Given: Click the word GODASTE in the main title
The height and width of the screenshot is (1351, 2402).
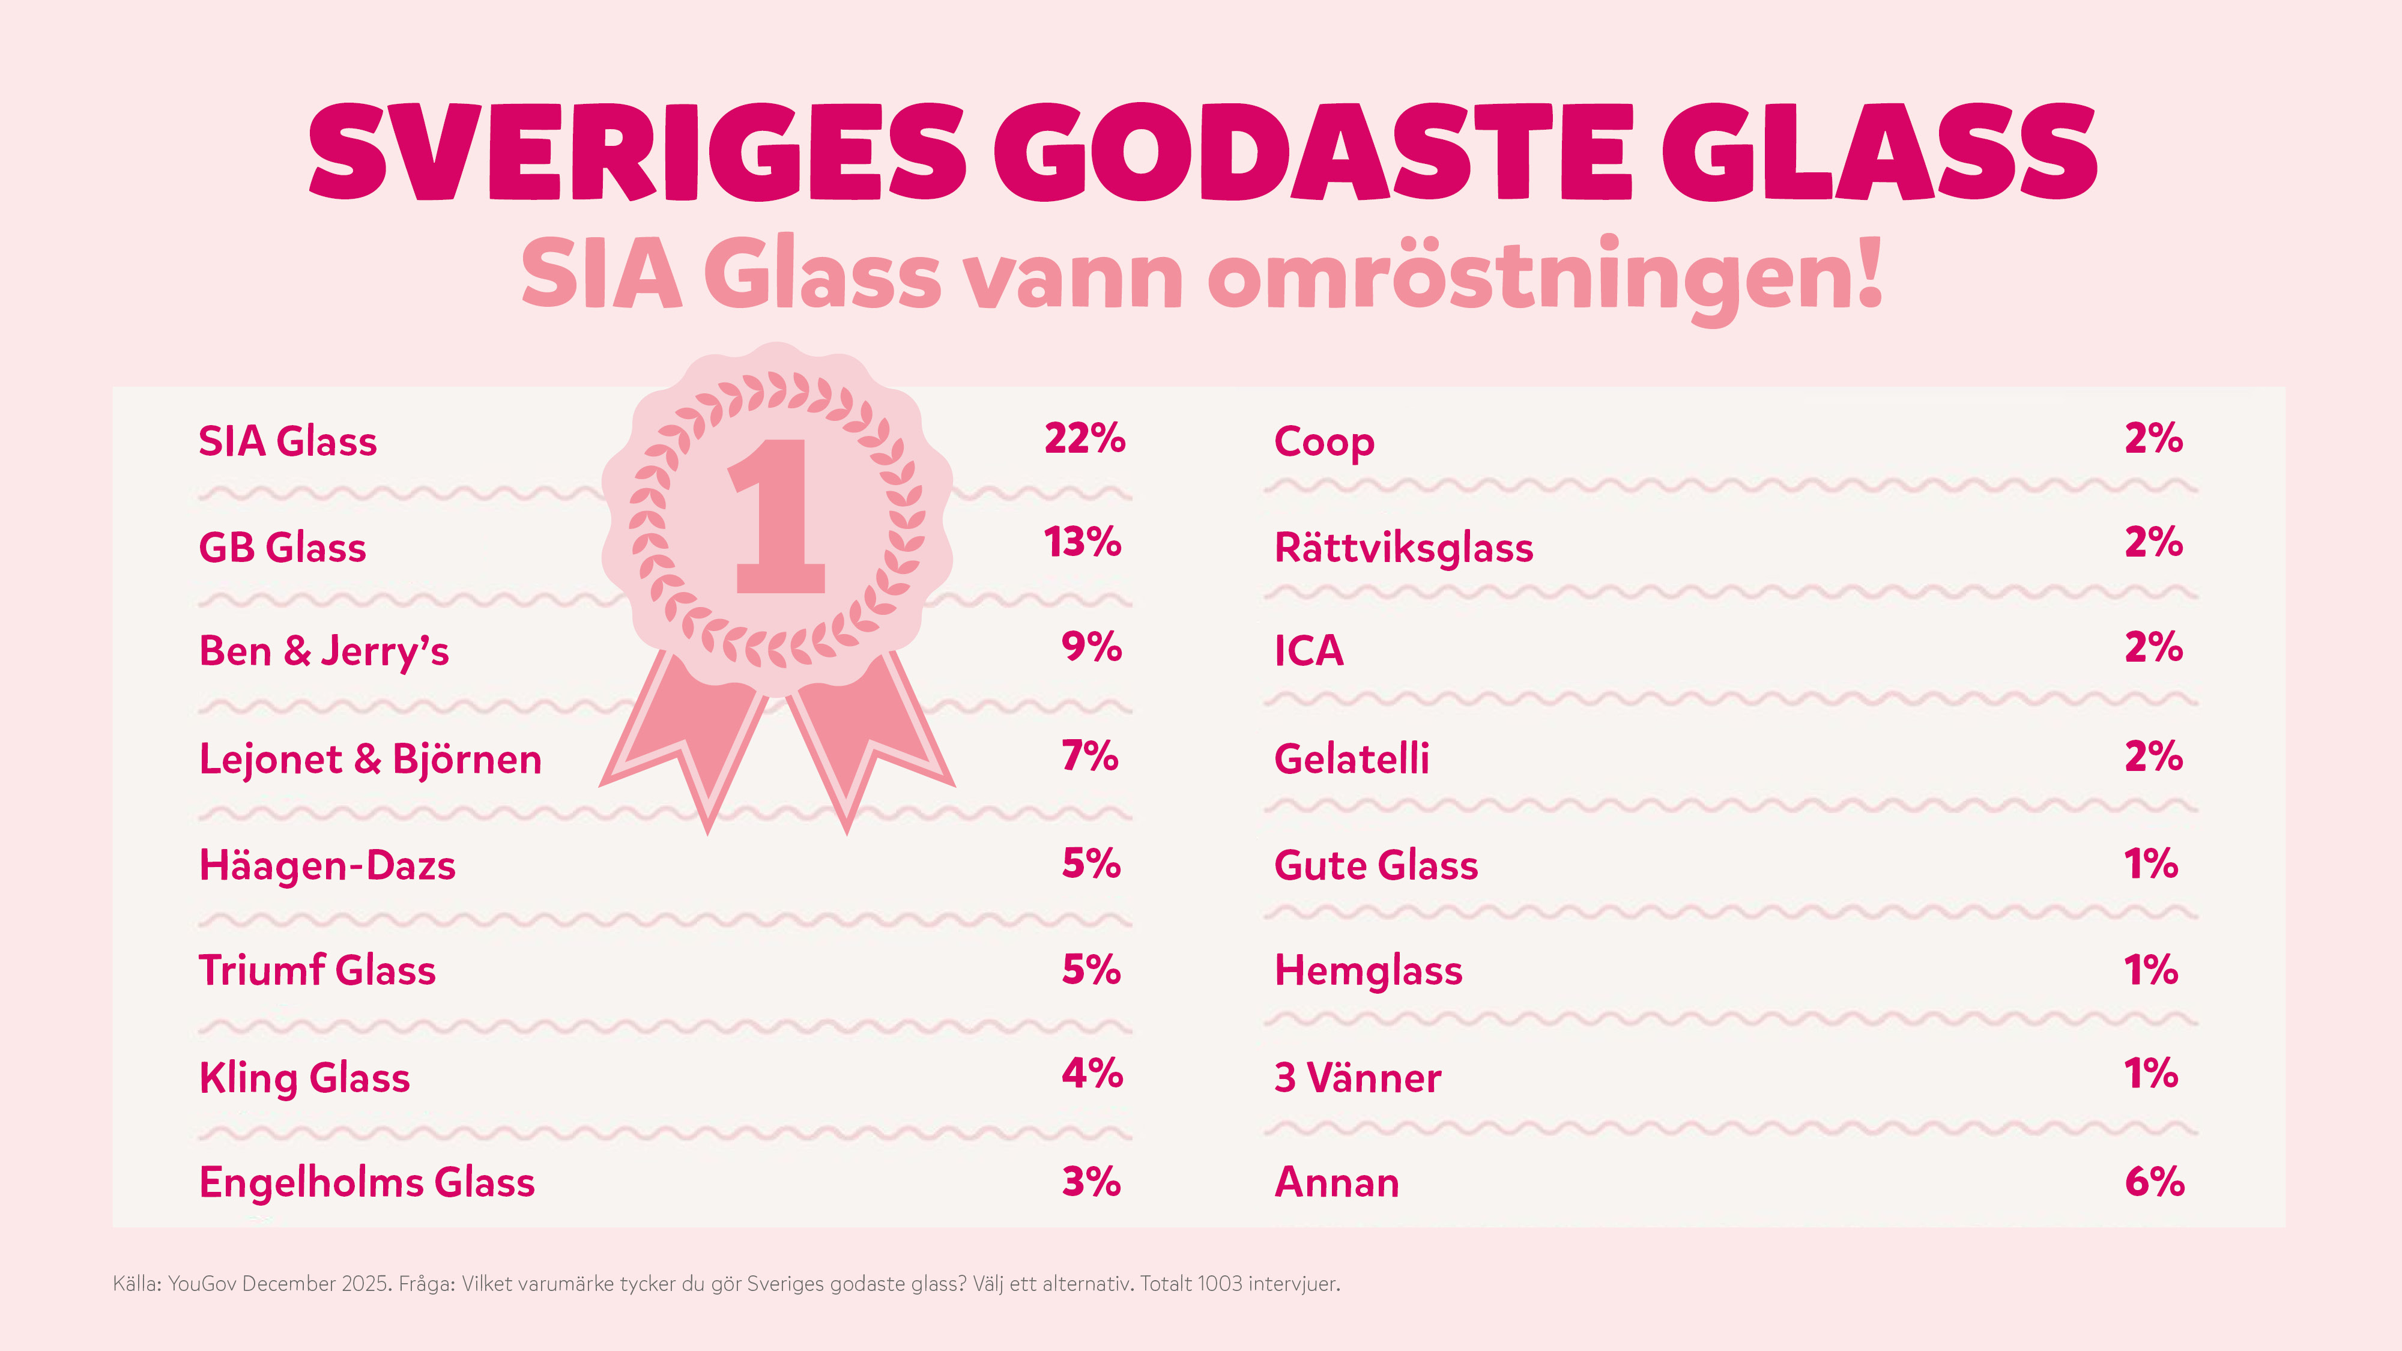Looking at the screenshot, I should tap(1313, 151).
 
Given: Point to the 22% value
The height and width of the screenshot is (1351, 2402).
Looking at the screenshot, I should tap(1085, 438).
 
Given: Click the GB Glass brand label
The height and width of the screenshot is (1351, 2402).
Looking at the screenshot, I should tap(282, 547).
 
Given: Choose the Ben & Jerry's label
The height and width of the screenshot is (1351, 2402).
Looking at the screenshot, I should tap(324, 651).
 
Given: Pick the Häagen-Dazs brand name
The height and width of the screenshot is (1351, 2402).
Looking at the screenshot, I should tap(327, 865).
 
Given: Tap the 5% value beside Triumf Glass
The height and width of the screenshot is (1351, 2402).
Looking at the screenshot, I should tap(1091, 970).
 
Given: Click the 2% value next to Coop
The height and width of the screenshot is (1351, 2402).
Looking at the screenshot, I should tap(2153, 438).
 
